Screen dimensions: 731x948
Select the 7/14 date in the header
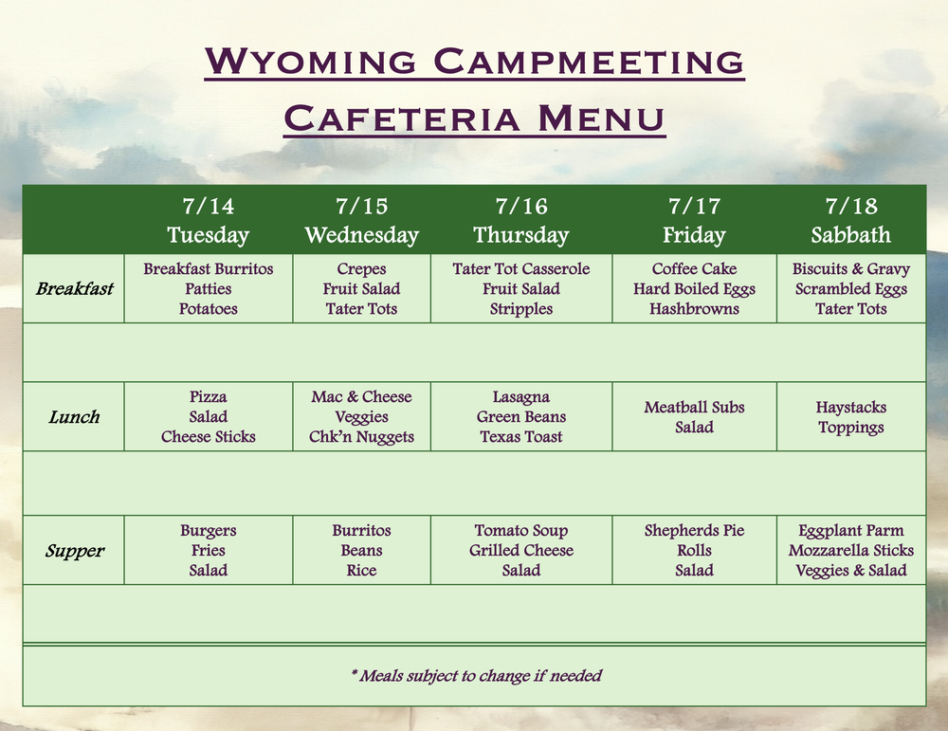208,207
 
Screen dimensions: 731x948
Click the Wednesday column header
361,235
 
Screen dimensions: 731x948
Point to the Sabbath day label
850,235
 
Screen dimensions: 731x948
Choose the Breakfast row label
74,288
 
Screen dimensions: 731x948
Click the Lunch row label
74,417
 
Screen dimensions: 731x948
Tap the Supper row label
74,551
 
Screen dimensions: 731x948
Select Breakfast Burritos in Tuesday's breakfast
208,269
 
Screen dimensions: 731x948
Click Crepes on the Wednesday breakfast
361,269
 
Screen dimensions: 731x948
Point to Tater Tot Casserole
520,269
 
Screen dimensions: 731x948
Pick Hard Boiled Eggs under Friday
694,289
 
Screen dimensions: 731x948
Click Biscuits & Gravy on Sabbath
850,269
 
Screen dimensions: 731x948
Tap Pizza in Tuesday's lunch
208,397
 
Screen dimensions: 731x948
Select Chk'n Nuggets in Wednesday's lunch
361,437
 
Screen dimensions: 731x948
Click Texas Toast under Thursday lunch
520,437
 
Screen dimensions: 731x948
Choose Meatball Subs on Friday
694,408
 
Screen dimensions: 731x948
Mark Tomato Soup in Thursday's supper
520,531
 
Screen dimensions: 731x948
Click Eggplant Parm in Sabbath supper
850,531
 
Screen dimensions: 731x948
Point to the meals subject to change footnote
476,676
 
